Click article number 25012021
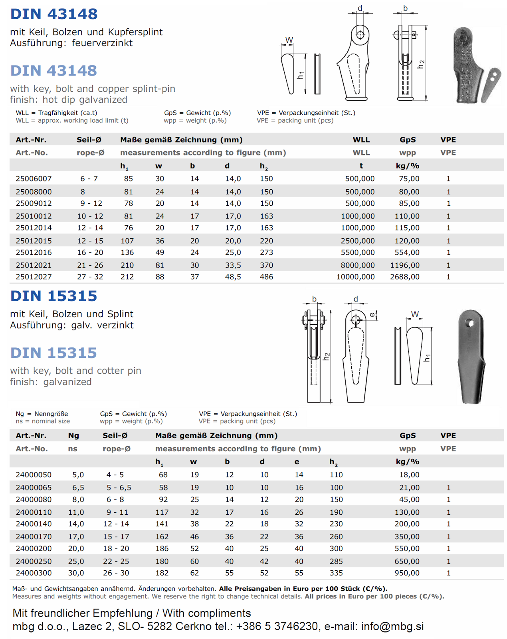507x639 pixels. tap(34, 265)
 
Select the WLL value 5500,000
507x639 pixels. tap(358, 252)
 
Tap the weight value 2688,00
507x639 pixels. tap(405, 277)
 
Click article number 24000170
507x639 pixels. tap(34, 537)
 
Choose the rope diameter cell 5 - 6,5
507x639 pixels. tap(119, 488)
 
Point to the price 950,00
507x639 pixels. tap(407, 573)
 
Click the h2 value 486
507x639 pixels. tap(266, 277)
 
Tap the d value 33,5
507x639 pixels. tap(233, 265)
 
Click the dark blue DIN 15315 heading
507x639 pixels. tap(54, 296)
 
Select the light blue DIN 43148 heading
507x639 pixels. tap(54, 71)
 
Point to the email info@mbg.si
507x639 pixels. tap(392, 626)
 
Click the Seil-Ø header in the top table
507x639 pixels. tap(89, 140)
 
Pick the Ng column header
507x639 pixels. tap(73, 436)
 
